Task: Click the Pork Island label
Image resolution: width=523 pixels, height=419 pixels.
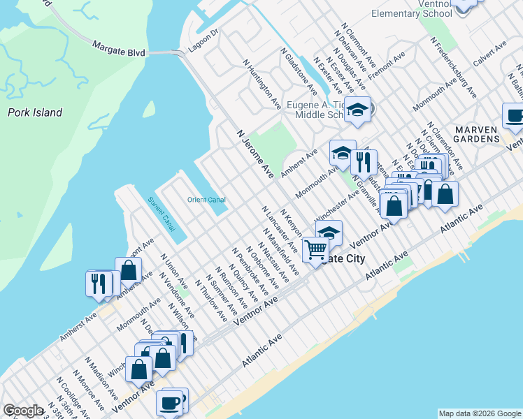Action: (x=35, y=112)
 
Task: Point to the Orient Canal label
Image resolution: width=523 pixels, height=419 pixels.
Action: (x=206, y=200)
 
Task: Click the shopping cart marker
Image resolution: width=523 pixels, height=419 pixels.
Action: (x=316, y=249)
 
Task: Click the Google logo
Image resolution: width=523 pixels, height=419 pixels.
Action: (x=23, y=411)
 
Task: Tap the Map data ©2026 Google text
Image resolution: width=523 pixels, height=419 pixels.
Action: (x=479, y=413)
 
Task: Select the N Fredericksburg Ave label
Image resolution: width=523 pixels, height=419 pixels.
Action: (x=455, y=71)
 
